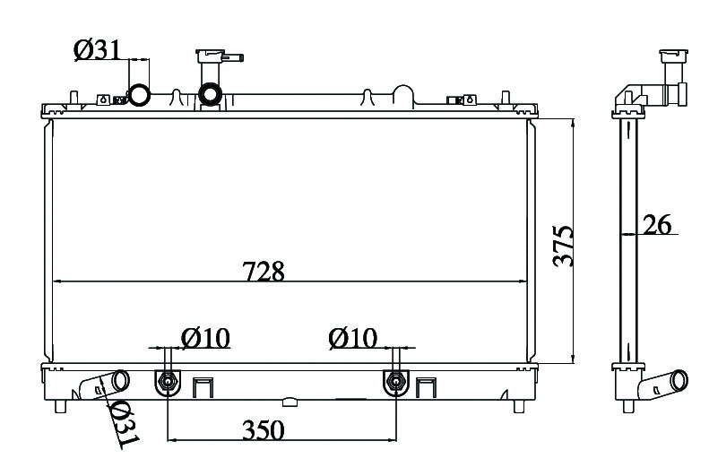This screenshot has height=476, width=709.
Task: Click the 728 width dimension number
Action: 264,272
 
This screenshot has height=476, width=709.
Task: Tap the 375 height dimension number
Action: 564,247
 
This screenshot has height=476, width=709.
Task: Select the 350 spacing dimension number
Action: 264,430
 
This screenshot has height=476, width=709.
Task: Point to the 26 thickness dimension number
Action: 657,224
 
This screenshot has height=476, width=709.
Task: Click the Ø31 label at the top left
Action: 98,49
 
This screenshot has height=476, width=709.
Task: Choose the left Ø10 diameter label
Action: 206,338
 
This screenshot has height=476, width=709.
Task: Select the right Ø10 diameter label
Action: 353,338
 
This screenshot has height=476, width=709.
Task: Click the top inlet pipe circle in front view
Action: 139,94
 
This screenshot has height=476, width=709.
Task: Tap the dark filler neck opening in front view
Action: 210,94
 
